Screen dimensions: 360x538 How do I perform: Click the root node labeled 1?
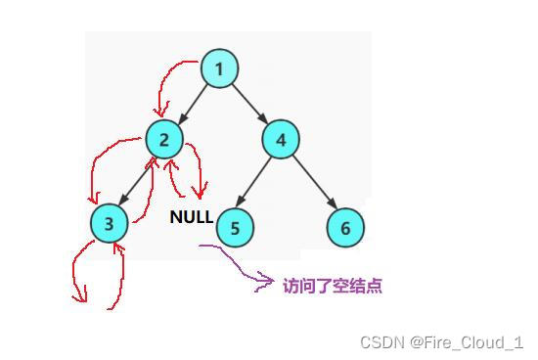coord(219,69)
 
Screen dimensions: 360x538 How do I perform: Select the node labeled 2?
coord(164,139)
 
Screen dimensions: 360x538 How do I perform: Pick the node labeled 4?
coord(281,139)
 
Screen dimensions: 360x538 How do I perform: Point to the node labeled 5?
coord(234,228)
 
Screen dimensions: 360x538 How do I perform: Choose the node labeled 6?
coord(344,228)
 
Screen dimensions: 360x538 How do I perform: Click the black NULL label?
coord(191,217)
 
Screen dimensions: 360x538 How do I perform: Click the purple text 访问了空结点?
coord(332,286)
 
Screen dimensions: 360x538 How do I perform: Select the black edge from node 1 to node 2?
coord(192,104)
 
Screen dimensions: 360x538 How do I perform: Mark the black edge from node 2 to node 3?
coord(137,181)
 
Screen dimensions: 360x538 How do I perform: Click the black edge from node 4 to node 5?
coord(257,183)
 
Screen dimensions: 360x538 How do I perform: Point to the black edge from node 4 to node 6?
coord(313,184)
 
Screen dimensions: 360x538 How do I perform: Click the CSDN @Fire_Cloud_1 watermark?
coord(441,341)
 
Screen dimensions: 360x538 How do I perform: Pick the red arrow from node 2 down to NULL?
coord(200,171)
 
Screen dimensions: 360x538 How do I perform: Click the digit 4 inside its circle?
coord(281,139)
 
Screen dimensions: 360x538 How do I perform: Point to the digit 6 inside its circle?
coord(344,228)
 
